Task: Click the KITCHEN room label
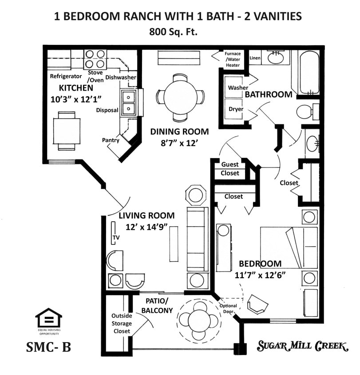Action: [76, 88]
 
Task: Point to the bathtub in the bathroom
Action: [309, 72]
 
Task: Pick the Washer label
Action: [238, 88]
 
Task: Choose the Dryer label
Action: [236, 109]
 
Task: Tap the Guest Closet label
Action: [230, 169]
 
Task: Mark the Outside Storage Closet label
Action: [121, 323]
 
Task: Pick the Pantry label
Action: [110, 140]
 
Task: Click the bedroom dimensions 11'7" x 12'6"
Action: [260, 274]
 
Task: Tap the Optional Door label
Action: [228, 308]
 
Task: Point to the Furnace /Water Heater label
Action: [233, 60]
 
